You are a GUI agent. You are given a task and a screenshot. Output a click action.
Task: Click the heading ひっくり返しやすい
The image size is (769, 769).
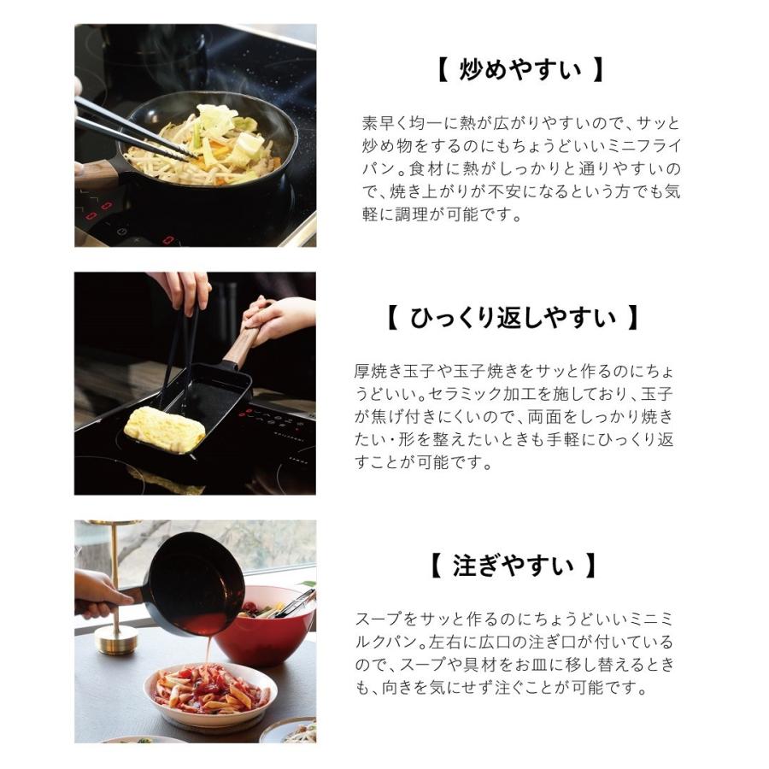pos(512,319)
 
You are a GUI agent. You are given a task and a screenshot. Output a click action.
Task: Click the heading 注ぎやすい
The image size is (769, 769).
pos(512,565)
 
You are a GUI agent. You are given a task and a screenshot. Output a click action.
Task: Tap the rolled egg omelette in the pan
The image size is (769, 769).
pos(166,429)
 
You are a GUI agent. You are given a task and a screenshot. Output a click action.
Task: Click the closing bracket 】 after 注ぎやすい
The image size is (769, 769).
pos(591,565)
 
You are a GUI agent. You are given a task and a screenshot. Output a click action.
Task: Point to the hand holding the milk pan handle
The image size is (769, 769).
pos(96,592)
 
